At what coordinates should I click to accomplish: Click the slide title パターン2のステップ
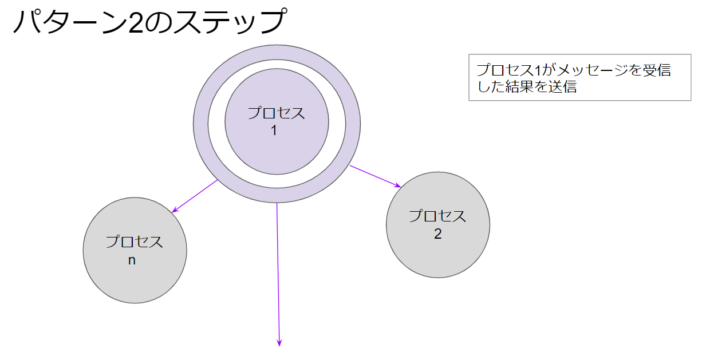(148, 23)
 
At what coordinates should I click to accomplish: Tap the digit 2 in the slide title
(137, 23)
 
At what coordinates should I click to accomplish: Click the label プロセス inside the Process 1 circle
(276, 113)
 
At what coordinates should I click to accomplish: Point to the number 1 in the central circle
(274, 130)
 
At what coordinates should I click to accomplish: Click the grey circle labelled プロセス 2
(438, 252)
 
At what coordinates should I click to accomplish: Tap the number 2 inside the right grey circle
(438, 234)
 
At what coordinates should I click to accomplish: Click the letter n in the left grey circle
(132, 260)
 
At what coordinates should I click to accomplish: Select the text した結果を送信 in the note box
(526, 88)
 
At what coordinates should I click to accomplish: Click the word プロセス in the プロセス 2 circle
(438, 216)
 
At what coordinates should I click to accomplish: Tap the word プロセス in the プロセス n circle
(135, 242)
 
